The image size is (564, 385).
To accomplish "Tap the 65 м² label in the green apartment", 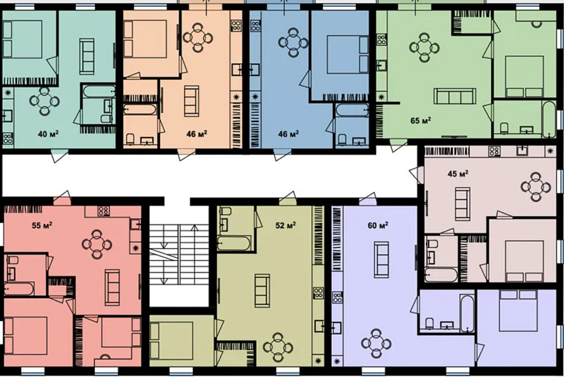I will point(421,120).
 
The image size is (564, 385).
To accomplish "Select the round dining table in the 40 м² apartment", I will point(43,102).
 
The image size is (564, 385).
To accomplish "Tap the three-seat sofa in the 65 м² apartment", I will point(451,96).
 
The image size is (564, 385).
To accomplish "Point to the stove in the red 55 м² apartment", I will point(103,211).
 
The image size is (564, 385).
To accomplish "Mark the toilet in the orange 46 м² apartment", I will point(130,139).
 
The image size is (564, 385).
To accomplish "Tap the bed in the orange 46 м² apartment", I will point(145,39).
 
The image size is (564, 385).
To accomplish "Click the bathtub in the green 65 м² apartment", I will point(548,119).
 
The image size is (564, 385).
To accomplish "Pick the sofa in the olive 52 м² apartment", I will point(262,290).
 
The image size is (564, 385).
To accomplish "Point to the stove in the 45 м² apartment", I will point(494,151).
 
